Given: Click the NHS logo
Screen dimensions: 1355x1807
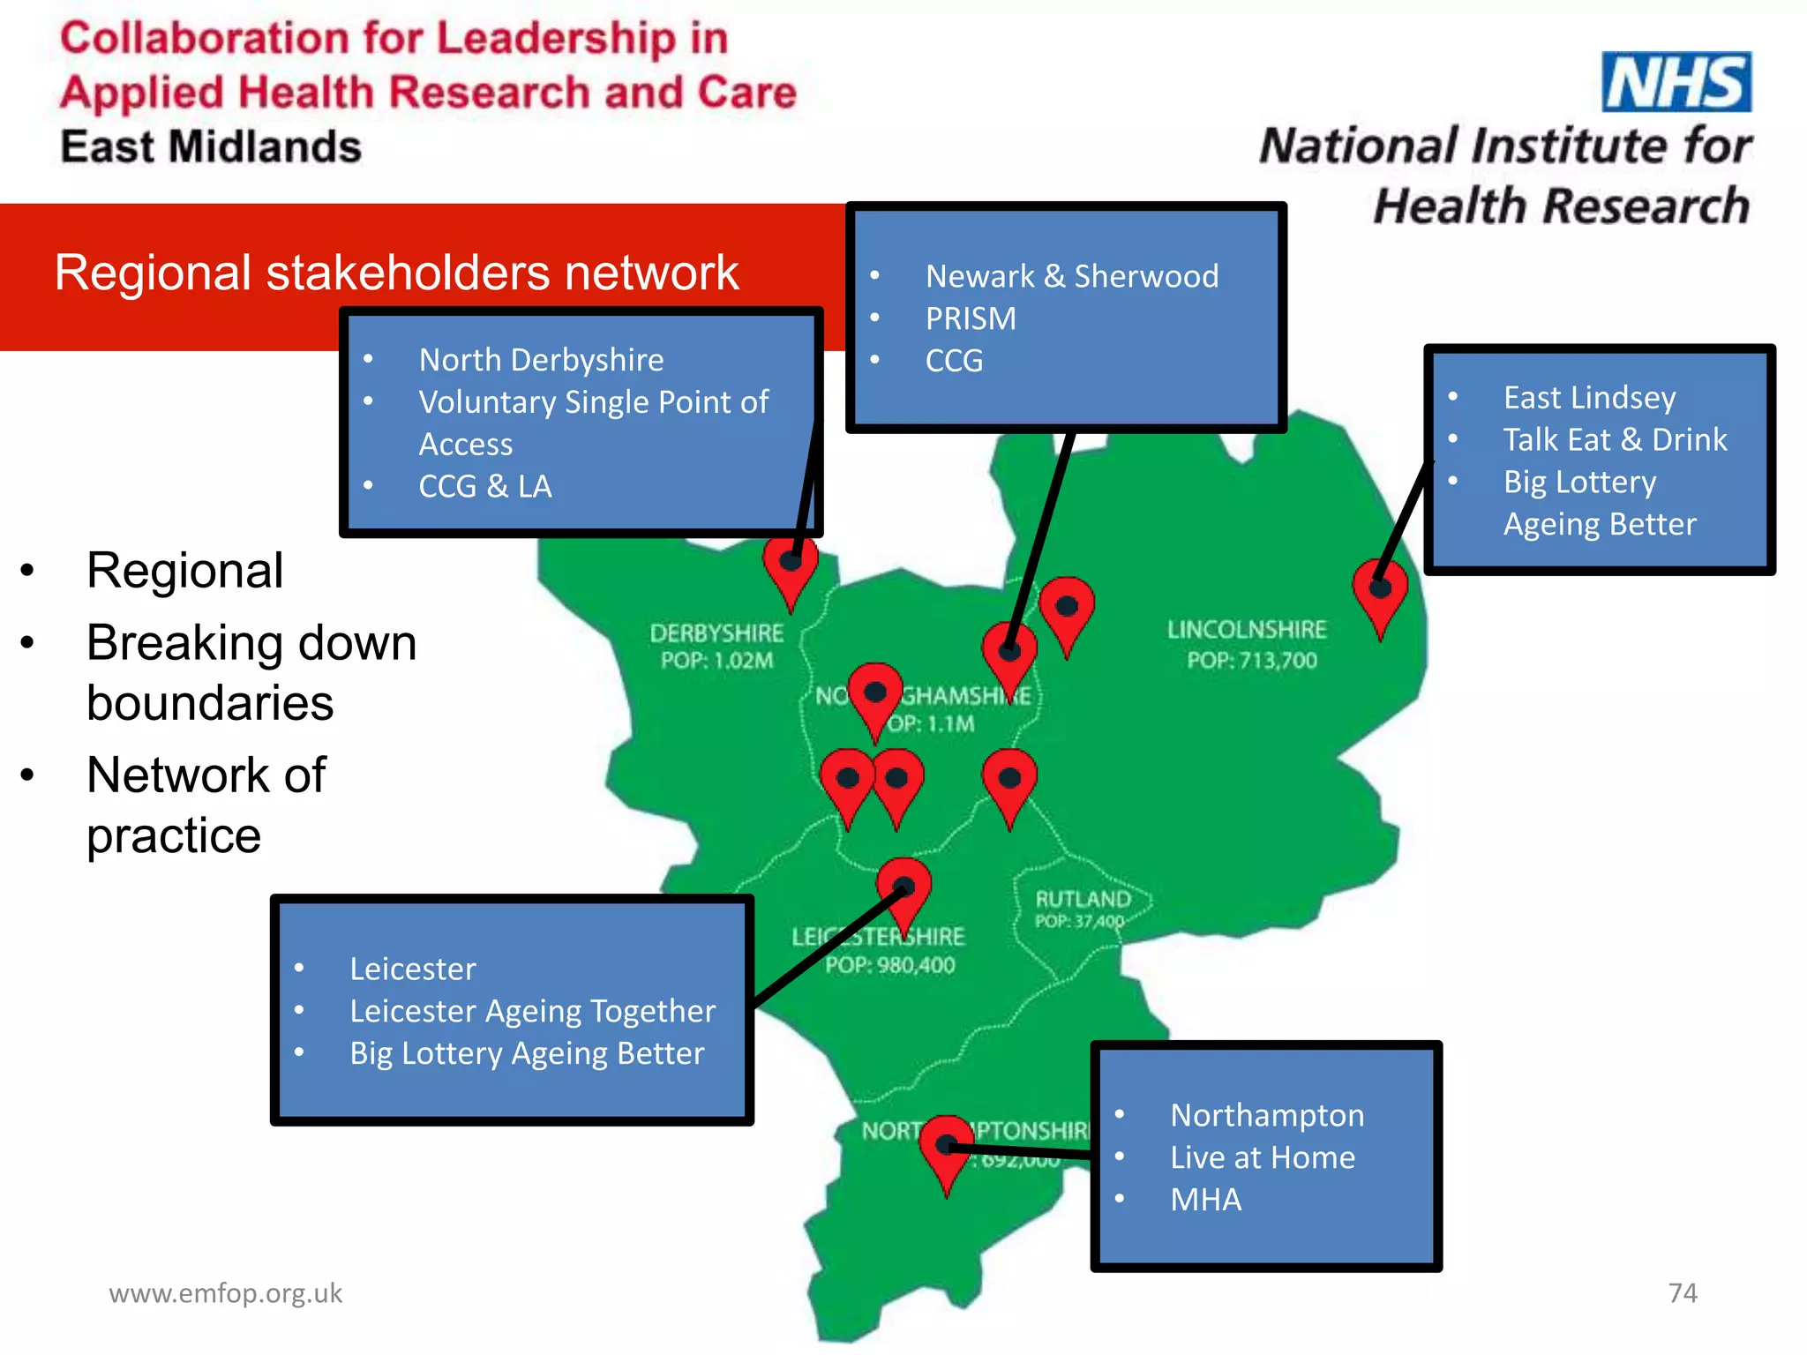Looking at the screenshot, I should click(x=1676, y=82).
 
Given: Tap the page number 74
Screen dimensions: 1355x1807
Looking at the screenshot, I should click(x=1682, y=1292).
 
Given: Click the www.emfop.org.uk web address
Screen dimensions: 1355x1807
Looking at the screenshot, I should click(x=225, y=1292).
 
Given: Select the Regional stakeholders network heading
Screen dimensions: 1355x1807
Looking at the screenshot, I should click(x=396, y=272).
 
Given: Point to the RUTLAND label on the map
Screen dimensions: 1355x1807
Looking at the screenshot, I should click(x=1083, y=899).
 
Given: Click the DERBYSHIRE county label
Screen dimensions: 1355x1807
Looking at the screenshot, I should click(x=716, y=633).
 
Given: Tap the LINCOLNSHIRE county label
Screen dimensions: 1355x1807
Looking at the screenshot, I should click(x=1246, y=629).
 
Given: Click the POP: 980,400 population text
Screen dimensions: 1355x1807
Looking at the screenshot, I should click(x=889, y=965).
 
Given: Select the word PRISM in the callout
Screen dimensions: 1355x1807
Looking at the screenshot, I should click(x=971, y=318).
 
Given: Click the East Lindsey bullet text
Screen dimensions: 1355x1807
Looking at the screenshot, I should click(x=1589, y=398).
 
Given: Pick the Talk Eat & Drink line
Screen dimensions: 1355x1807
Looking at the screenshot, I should click(x=1615, y=439).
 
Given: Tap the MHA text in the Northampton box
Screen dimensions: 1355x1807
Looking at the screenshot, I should click(x=1205, y=1200).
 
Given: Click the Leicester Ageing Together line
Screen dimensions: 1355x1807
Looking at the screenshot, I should click(x=532, y=1011).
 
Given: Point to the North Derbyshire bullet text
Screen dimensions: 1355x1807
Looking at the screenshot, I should click(x=541, y=360).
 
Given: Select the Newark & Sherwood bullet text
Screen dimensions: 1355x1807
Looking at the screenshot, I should click(x=1071, y=276).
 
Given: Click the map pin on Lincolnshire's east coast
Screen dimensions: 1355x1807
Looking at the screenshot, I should click(x=1380, y=593).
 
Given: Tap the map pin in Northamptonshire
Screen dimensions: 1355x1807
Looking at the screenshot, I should click(x=946, y=1149).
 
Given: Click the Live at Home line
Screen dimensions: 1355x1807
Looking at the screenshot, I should click(x=1262, y=1157).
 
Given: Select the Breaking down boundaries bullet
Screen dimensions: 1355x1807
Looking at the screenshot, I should click(x=251, y=672).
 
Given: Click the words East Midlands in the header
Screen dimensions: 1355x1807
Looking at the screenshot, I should click(x=211, y=146).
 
